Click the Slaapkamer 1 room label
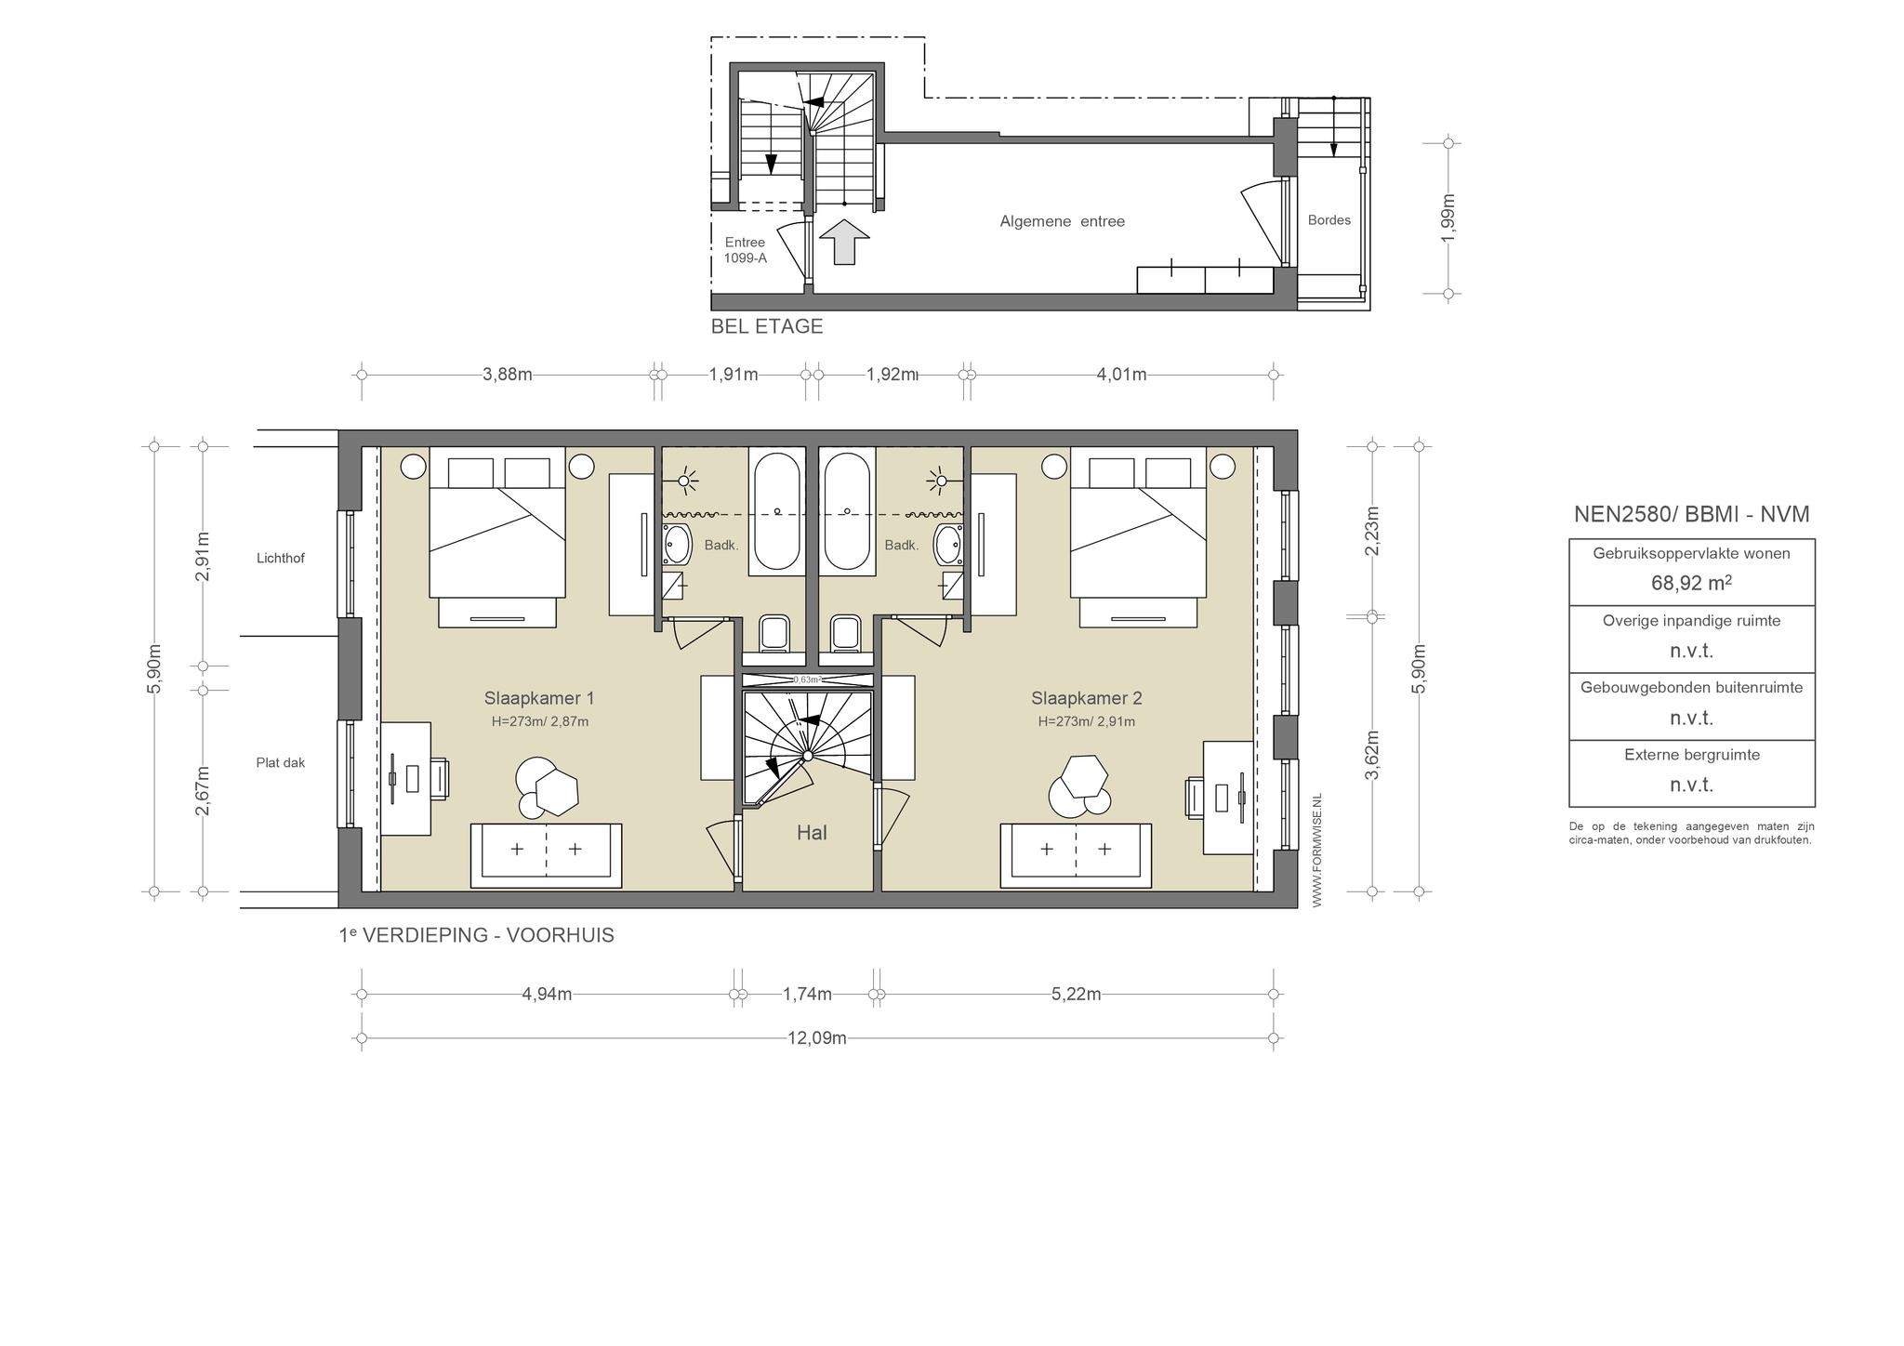point(538,698)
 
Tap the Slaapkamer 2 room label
point(1086,698)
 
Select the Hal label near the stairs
point(812,833)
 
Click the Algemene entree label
point(1062,221)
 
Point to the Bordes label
point(1329,220)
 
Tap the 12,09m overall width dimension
point(817,1038)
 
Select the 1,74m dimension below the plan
point(807,995)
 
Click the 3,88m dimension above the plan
point(508,375)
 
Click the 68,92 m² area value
point(1691,584)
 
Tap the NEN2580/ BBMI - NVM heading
point(1691,514)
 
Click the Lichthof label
point(281,559)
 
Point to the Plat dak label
point(281,763)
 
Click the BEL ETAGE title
point(767,326)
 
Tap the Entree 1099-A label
point(746,250)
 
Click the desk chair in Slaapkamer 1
point(440,778)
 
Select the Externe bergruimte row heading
point(1692,755)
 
